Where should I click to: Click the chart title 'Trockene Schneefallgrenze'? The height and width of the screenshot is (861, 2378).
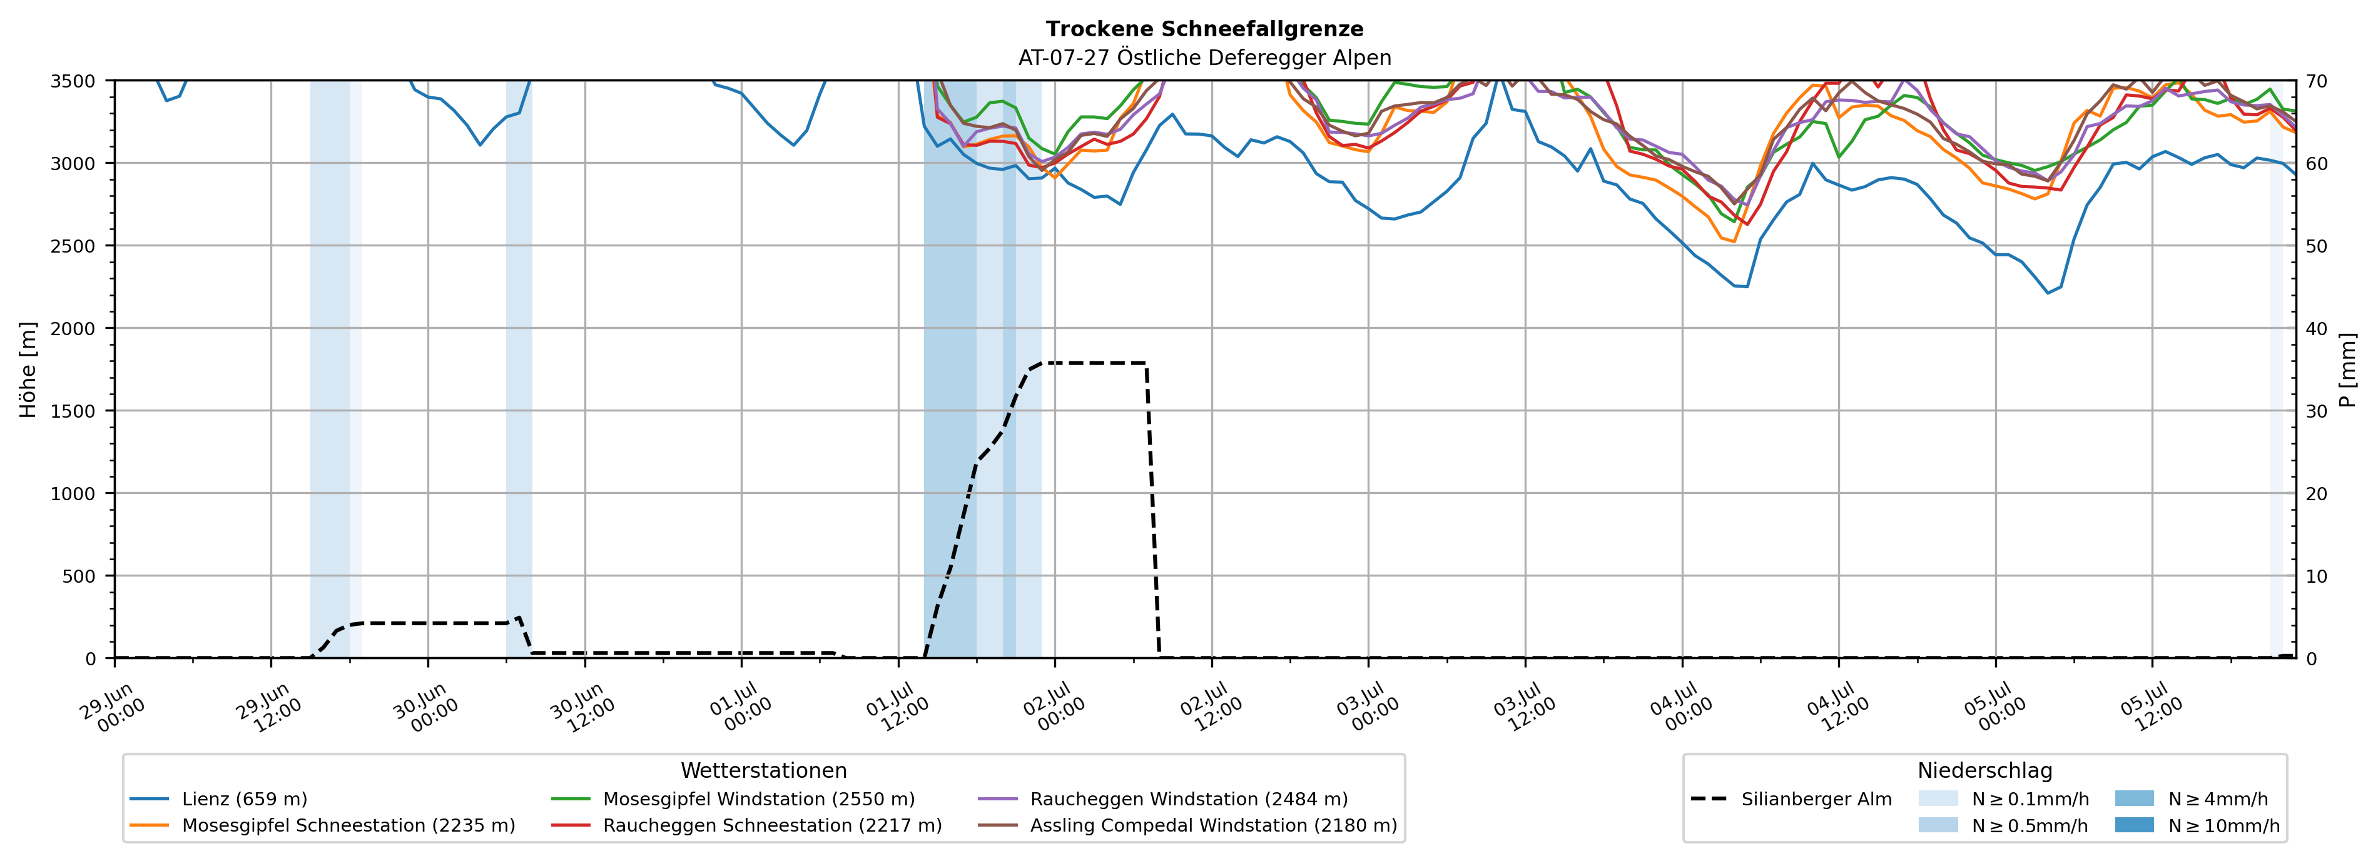1205,29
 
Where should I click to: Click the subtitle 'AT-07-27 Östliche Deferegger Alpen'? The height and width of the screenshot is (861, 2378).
1205,58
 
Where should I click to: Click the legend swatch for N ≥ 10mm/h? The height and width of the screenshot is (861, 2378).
2134,825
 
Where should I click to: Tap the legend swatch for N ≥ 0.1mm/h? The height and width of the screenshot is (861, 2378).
1938,799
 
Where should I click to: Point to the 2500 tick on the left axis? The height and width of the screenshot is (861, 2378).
73,246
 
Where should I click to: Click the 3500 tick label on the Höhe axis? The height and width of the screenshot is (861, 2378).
73,81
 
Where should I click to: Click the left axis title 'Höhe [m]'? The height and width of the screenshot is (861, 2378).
29,369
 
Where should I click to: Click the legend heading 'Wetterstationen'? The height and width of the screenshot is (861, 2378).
763,770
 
